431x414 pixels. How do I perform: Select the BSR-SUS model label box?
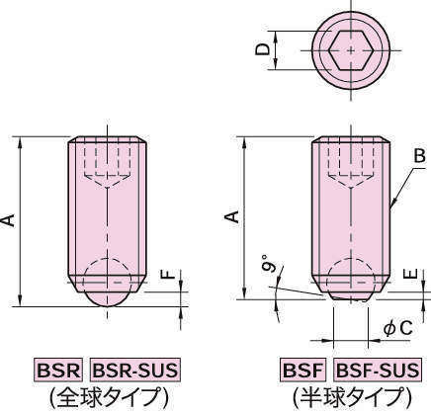point(135,371)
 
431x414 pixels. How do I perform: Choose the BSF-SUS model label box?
point(378,371)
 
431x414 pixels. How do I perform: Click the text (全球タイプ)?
point(107,396)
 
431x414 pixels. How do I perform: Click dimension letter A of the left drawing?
point(9,219)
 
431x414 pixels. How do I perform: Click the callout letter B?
point(419,156)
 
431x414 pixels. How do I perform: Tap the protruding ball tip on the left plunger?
point(107,294)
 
